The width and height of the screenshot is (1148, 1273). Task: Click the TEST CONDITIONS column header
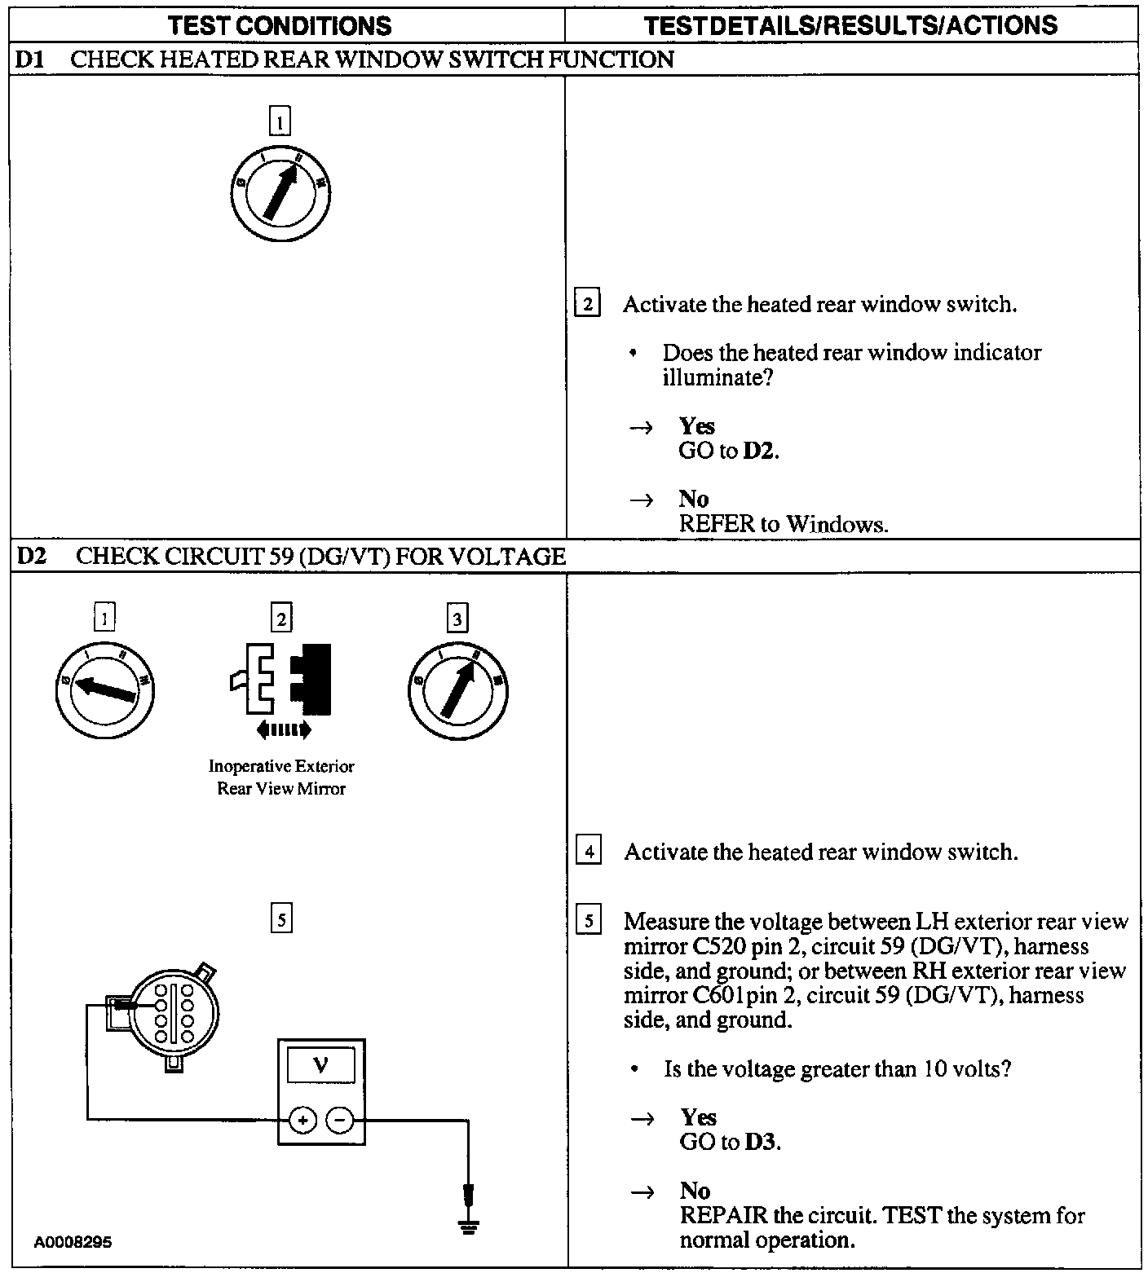(280, 26)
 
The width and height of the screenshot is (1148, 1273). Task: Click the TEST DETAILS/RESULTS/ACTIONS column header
(850, 26)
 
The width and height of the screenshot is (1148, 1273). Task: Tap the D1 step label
(30, 59)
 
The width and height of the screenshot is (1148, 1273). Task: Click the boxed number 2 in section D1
(587, 304)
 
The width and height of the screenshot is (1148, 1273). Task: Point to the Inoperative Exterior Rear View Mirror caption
(281, 777)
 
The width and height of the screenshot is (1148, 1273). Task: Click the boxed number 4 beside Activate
(588, 852)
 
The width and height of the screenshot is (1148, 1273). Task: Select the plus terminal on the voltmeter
(302, 1121)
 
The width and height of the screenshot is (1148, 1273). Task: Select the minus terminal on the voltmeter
(340, 1121)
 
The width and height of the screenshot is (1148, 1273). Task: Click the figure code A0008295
(73, 1243)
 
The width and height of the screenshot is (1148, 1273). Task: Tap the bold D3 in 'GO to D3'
(761, 1142)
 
